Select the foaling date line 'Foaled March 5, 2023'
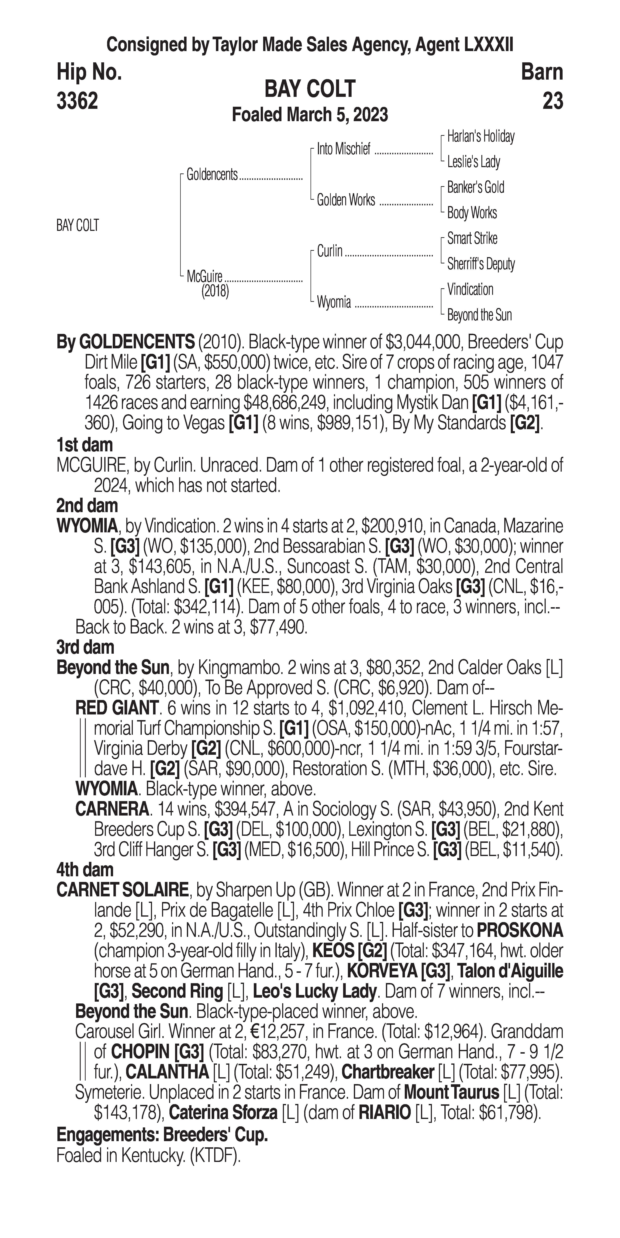pos(310,115)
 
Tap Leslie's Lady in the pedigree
pos(473,162)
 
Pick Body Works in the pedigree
pos(472,213)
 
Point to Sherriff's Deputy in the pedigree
pos(481,264)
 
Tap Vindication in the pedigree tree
pos(470,289)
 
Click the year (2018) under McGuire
pos(215,291)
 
